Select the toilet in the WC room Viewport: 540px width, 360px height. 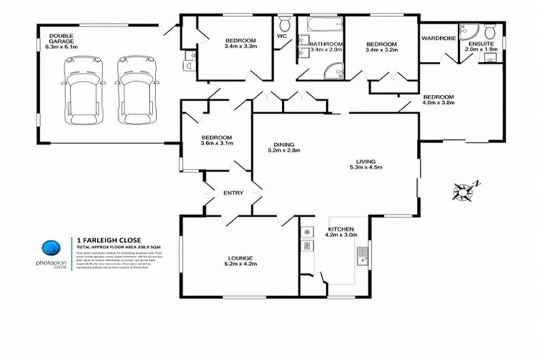point(284,23)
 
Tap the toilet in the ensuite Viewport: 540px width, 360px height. point(489,31)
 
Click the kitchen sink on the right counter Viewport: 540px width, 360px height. point(363,254)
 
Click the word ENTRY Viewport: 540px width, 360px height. point(233,193)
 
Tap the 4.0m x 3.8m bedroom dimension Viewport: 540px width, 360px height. point(439,103)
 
